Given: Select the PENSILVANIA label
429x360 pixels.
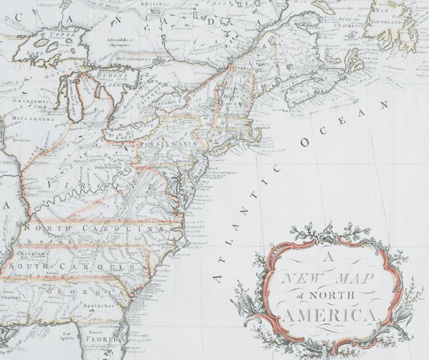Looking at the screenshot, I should pyautogui.click(x=168, y=144).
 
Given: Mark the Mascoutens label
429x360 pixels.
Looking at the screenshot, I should pyautogui.click(x=21, y=118).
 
